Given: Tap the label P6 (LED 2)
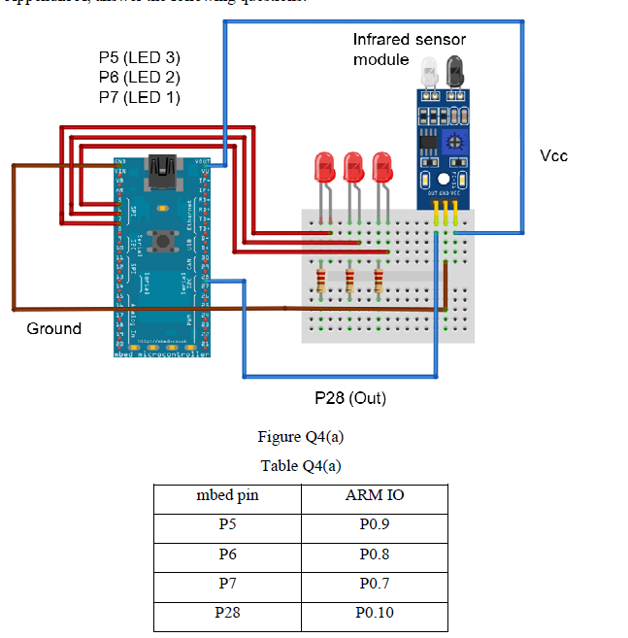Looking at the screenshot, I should tap(139, 78).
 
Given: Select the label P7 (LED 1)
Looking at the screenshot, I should tap(139, 97).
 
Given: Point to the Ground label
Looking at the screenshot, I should tap(54, 329).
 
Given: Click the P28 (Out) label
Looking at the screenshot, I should tap(350, 398).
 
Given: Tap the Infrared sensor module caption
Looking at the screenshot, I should tap(409, 50).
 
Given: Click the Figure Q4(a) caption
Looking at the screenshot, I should tap(301, 437).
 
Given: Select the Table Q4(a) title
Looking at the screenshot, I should tap(301, 466).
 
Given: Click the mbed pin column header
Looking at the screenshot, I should tap(228, 496).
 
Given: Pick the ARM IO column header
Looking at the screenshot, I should tap(375, 496).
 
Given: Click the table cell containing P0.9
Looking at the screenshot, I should tap(375, 525).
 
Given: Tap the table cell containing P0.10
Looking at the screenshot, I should tap(375, 613).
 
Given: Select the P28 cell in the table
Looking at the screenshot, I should tap(228, 613).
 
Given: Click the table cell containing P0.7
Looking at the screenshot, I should tap(375, 584).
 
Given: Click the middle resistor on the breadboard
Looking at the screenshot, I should tap(349, 281).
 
